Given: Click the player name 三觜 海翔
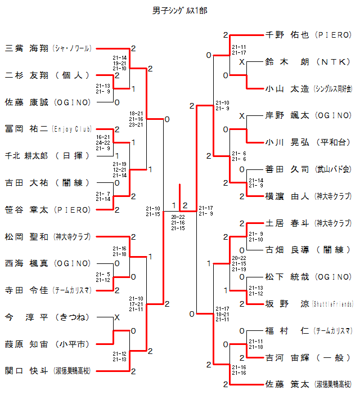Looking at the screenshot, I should coord(27,48).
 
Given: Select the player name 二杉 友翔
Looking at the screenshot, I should coord(27,75).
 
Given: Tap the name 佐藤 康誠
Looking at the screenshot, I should coord(27,102).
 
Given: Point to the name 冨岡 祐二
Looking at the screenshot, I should coord(27,129).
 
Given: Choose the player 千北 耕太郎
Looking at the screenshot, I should coord(27,156).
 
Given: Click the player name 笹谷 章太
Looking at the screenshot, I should coord(27,210).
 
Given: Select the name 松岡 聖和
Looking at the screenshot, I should coord(27,236).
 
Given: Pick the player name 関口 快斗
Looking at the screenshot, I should coord(27,371).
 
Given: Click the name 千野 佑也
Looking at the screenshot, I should coord(287,35).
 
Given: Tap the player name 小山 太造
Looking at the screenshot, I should coord(287,88).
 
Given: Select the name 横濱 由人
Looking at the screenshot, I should coord(287,196).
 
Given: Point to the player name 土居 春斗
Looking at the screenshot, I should coord(287,223).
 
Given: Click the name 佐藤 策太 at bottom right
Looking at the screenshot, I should coord(287,385).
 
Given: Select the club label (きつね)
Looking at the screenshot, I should coord(72,317).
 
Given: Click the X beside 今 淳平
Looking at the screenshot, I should coord(117,317).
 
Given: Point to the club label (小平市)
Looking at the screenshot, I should coord(72,344).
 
